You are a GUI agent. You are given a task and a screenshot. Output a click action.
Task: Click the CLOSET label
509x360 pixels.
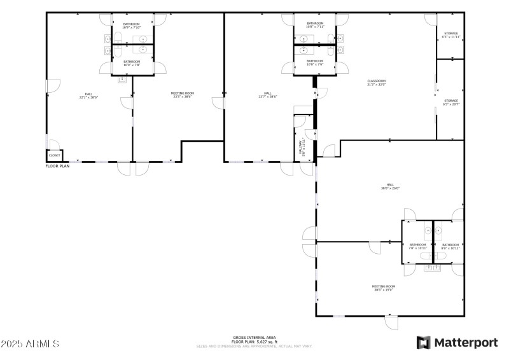55,155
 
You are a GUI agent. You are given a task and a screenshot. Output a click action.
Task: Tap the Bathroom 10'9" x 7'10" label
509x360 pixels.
132,26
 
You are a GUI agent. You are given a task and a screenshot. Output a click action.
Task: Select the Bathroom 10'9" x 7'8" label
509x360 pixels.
132,63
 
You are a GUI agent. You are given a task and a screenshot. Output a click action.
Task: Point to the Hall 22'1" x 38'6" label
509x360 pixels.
88,96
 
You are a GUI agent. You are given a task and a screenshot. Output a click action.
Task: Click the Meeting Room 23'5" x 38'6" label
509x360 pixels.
182,95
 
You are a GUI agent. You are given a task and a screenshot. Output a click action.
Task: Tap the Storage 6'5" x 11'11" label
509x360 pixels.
450,35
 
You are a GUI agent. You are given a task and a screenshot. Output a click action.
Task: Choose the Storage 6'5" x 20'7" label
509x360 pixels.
450,102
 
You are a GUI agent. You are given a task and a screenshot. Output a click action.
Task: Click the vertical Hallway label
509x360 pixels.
303,147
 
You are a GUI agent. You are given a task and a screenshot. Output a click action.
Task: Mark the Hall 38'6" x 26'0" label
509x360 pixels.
390,186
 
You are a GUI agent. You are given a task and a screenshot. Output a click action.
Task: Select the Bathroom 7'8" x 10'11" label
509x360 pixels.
417,246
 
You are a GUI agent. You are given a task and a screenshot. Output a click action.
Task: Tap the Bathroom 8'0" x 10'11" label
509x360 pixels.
450,246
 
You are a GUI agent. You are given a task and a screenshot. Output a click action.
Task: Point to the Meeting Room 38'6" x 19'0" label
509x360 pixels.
384,287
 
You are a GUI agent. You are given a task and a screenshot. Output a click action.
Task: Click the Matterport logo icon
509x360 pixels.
422,343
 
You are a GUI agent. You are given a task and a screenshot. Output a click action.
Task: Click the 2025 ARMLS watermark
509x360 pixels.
30,343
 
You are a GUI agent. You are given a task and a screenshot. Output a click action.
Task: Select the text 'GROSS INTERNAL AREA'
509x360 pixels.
254,337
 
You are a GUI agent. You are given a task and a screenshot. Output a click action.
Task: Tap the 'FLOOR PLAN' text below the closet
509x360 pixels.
57,166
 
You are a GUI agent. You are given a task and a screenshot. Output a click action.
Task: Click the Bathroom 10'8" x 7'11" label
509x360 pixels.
315,25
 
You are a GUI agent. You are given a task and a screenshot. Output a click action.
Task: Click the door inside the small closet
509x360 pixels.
53,144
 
